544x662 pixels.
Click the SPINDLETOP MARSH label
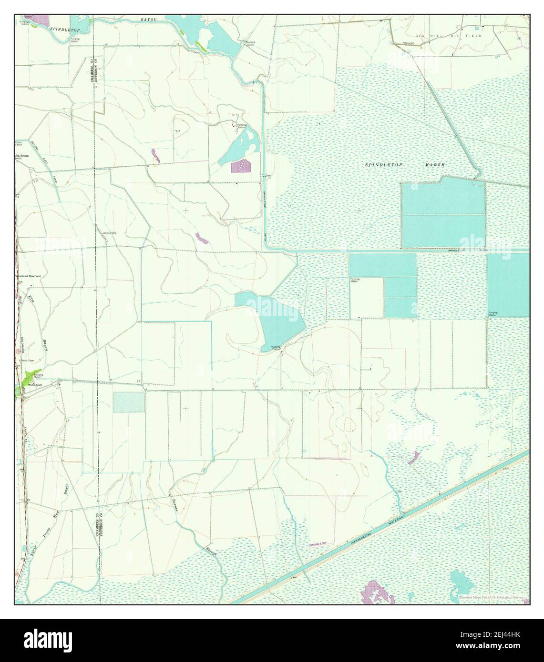pos(405,165)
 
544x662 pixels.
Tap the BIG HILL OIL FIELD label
pos(448,36)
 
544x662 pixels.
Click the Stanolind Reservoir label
pos(28,276)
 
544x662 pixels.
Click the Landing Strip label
pos(110,233)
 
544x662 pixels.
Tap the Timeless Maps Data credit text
pos(491,597)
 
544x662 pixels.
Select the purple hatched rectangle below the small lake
pos(240,166)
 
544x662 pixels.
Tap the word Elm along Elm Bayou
pos(33,301)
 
